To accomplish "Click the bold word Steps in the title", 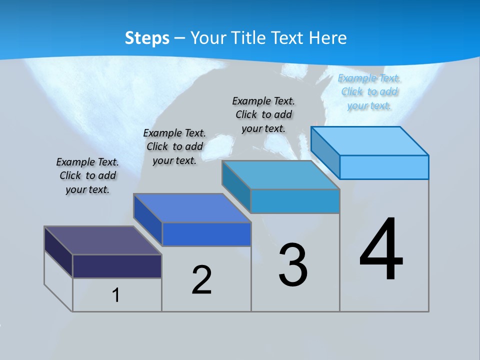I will pyautogui.click(x=147, y=38).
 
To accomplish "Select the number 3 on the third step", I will pyautogui.click(x=293, y=265).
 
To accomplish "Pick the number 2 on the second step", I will pyautogui.click(x=202, y=279).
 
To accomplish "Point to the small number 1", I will pyautogui.click(x=115, y=295).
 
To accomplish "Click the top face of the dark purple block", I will pyautogui.click(x=102, y=240).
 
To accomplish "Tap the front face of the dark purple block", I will pyautogui.click(x=117, y=266).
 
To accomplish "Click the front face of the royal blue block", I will pyautogui.click(x=206, y=234).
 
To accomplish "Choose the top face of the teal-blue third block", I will pyautogui.click(x=280, y=175).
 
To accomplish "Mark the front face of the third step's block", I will pyautogui.click(x=295, y=201).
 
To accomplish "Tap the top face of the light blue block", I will pyautogui.click(x=369, y=141).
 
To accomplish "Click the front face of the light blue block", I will pyautogui.click(x=384, y=167).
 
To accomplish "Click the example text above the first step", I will pyautogui.click(x=87, y=175).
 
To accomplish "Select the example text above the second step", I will pyautogui.click(x=174, y=146).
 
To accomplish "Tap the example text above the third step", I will pyautogui.click(x=263, y=114).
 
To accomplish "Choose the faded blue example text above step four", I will pyautogui.click(x=369, y=91).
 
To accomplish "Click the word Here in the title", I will pyautogui.click(x=328, y=38).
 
